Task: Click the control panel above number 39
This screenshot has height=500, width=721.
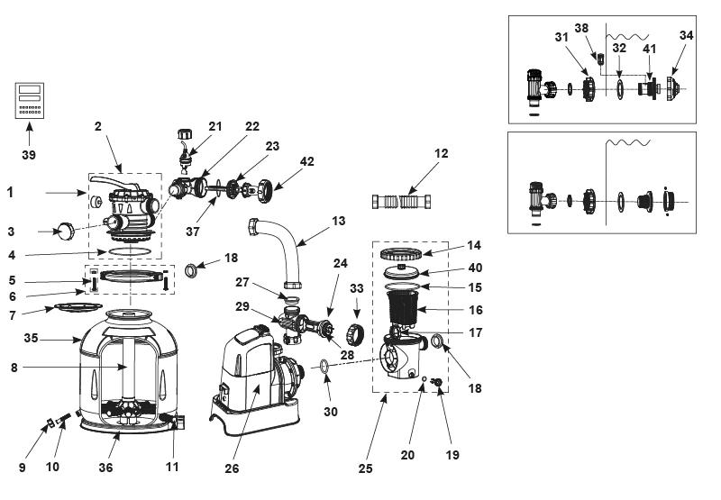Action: (x=30, y=101)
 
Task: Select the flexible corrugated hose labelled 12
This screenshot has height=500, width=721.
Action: (x=401, y=201)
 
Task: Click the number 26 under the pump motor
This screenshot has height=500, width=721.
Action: (x=232, y=468)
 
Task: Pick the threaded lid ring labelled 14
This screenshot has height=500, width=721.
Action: (x=401, y=253)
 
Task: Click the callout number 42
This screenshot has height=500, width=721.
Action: (x=306, y=162)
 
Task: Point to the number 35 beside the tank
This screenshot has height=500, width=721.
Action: (x=31, y=338)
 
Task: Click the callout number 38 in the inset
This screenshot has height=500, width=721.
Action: (x=581, y=28)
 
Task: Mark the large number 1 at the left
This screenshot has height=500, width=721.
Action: (x=10, y=193)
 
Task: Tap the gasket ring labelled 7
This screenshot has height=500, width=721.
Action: (x=78, y=306)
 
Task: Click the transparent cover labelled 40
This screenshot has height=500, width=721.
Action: (x=401, y=271)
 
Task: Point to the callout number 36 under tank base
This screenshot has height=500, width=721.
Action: (x=105, y=468)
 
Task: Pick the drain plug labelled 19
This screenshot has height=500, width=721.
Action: (x=438, y=381)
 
